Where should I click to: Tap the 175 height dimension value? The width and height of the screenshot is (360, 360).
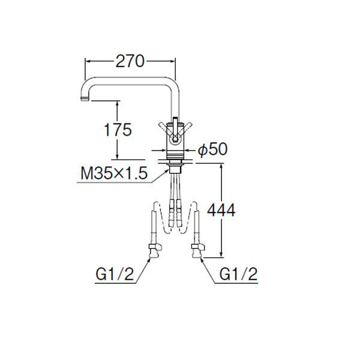tap(117, 130)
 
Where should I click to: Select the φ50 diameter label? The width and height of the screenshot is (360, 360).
tap(212, 150)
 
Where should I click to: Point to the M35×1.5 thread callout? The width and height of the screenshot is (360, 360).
tap(114, 173)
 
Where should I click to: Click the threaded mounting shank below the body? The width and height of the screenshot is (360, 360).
tap(175, 164)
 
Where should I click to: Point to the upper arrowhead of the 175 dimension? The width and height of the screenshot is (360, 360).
tap(118, 103)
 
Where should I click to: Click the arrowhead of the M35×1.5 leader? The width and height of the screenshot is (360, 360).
tap(167, 169)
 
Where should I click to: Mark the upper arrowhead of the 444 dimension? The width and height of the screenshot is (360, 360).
tap(222, 164)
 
